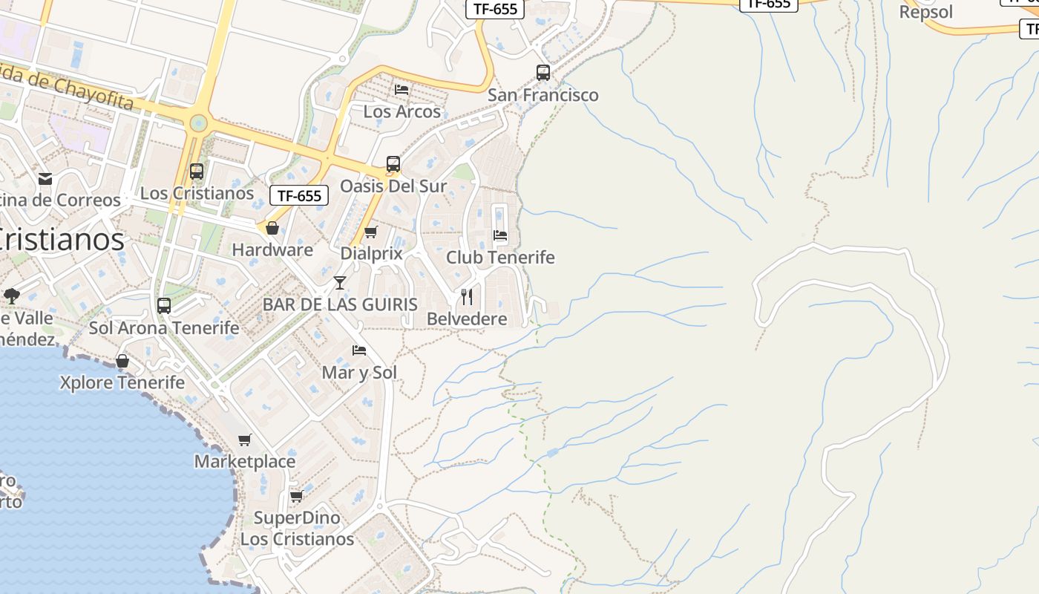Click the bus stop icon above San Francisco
click(x=543, y=73)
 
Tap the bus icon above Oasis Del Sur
click(x=393, y=164)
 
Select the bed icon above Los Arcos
click(x=401, y=90)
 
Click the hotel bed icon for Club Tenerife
click(x=500, y=236)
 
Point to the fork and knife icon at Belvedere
click(x=467, y=297)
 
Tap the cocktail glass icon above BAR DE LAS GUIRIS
click(x=340, y=283)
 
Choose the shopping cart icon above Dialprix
click(x=371, y=232)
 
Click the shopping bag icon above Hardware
click(x=272, y=228)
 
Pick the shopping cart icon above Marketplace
click(x=245, y=440)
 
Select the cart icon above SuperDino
click(x=297, y=496)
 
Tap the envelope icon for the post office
click(x=45, y=179)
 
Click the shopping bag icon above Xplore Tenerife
click(x=122, y=361)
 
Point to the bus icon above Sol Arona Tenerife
click(x=164, y=306)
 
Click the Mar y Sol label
click(x=359, y=372)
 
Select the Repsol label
click(x=925, y=13)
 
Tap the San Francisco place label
click(x=543, y=95)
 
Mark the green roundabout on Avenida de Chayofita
click(x=198, y=123)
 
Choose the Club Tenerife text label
click(x=500, y=258)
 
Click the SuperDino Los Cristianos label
click(x=297, y=529)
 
